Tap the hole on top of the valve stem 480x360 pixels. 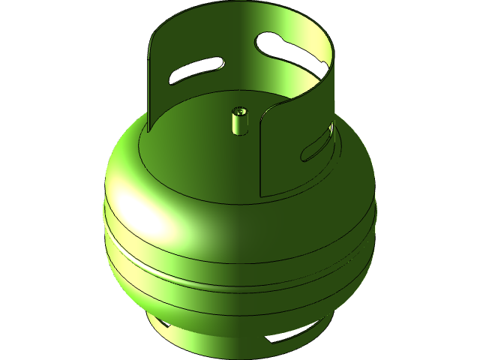coord(239,111)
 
